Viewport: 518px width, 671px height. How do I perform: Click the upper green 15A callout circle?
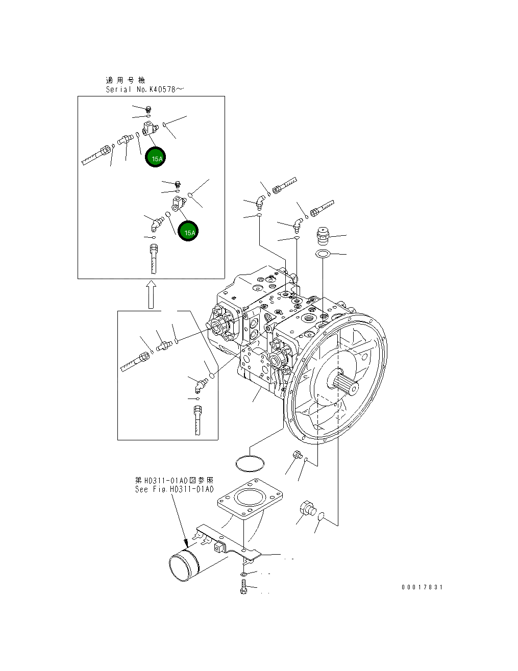155,157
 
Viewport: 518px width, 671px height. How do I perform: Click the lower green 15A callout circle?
188,231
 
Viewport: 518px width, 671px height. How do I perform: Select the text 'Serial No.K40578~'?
144,89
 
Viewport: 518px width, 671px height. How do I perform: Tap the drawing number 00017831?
422,587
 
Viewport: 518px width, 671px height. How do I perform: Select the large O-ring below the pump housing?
250,463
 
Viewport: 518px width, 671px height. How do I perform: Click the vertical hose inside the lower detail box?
198,420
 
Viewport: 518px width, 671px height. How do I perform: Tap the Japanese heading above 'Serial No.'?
125,80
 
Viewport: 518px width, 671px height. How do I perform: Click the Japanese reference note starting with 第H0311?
174,480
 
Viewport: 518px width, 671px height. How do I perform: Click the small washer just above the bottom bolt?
244,575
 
